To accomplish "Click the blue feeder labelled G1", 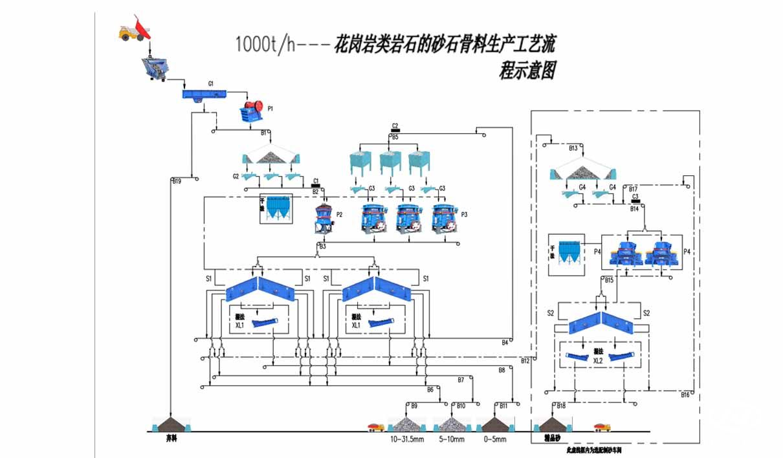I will point(206,94).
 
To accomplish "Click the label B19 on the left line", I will point(177,181).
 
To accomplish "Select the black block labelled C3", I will point(635,201).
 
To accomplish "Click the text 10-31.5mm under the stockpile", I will point(406,440).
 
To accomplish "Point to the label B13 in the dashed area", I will point(573,148).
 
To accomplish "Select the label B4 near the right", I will point(505,342).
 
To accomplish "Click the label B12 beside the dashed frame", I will point(525,360).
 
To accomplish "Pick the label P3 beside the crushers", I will point(464,214).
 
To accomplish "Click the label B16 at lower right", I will point(685,395).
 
